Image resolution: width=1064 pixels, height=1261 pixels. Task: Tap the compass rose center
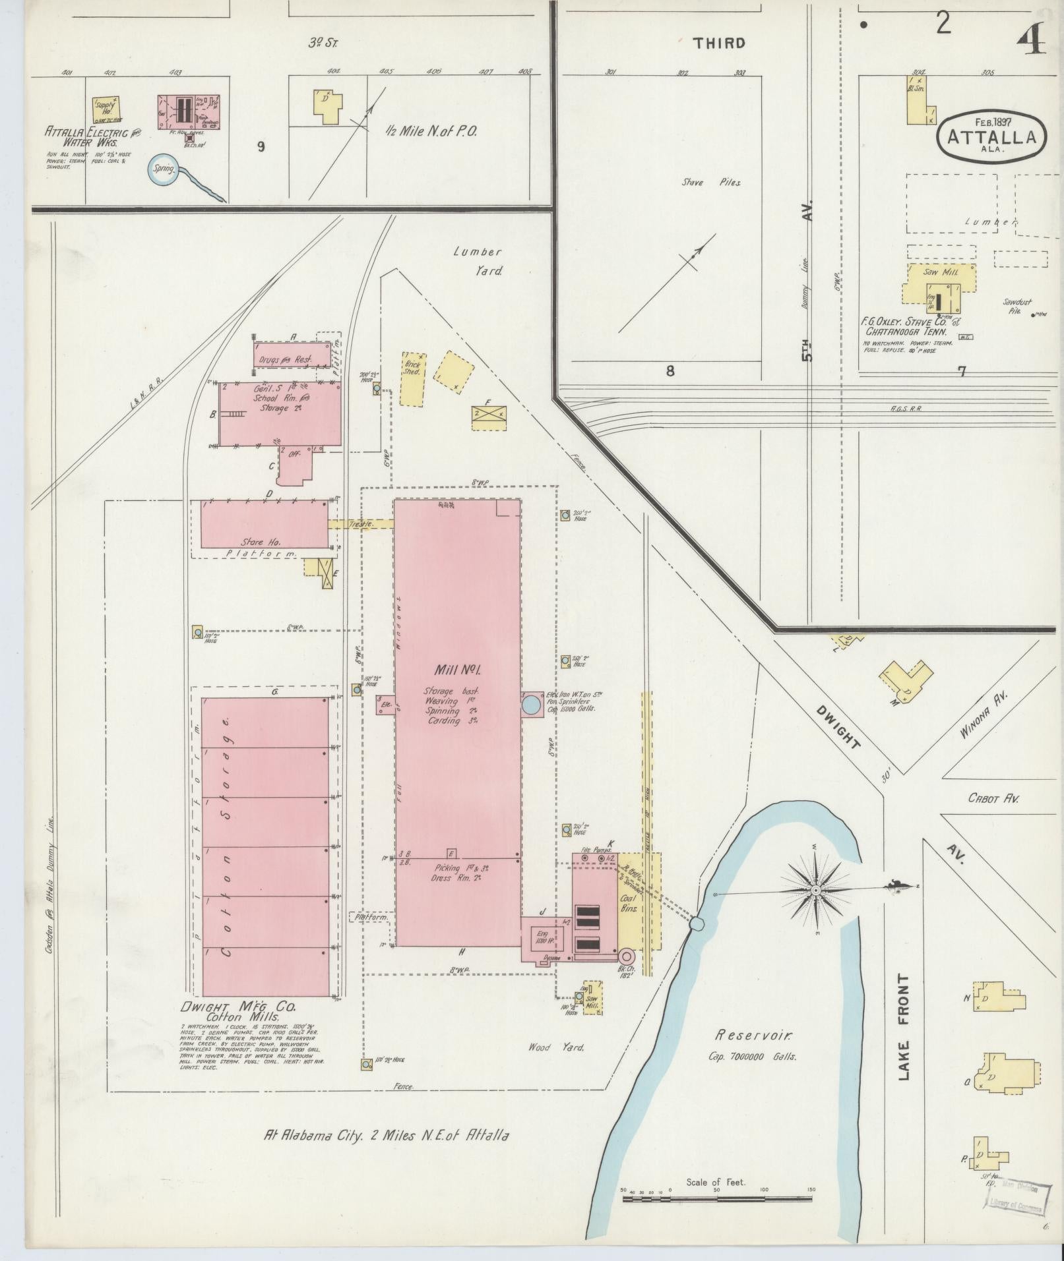pos(816,891)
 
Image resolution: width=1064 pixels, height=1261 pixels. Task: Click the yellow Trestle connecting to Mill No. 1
pos(361,524)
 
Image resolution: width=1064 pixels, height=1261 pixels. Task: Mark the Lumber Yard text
pos(478,261)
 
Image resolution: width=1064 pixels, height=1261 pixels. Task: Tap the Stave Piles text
pos(711,183)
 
